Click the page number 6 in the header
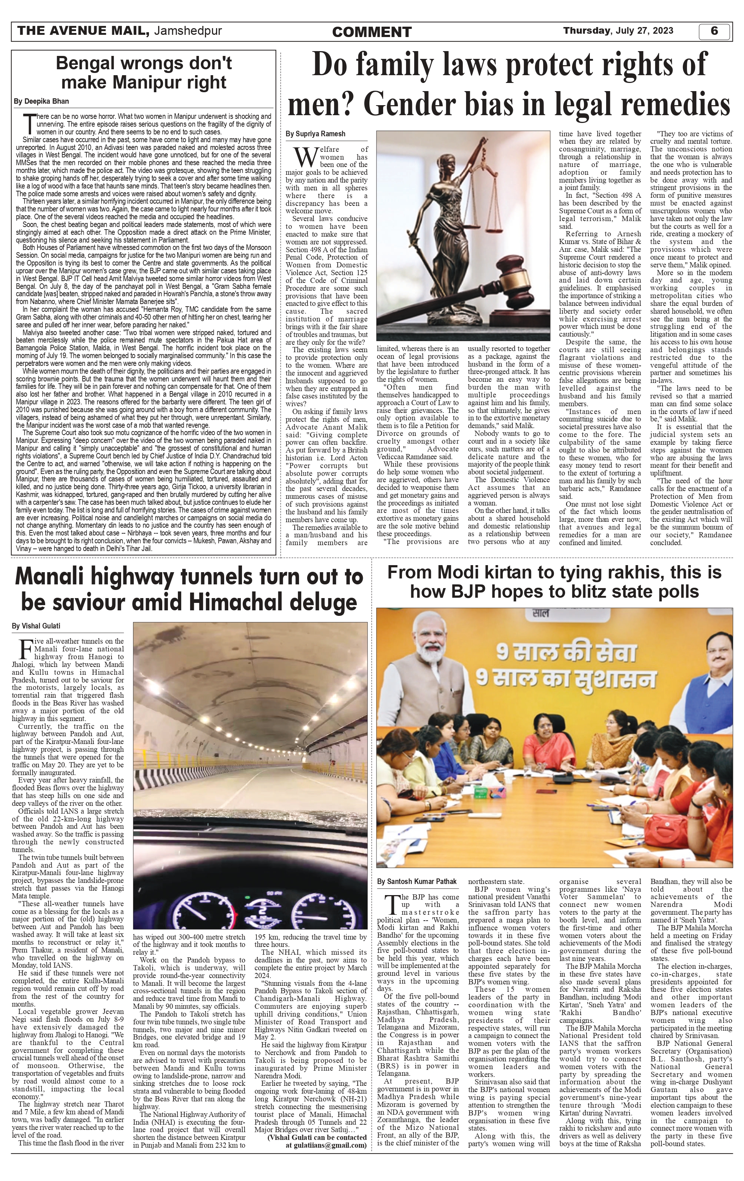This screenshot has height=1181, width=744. pyautogui.click(x=714, y=31)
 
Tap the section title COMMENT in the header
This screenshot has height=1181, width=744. pyautogui.click(x=372, y=32)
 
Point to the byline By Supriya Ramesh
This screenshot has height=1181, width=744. pyautogui.click(x=316, y=134)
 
